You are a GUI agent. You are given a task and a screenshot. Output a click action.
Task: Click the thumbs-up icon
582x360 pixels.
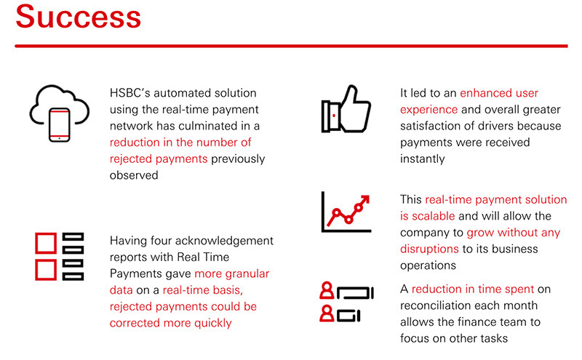[x=346, y=110]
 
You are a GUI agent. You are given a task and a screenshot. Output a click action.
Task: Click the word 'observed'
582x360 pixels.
[x=133, y=175]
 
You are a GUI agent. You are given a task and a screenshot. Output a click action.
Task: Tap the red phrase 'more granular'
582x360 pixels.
[x=232, y=273]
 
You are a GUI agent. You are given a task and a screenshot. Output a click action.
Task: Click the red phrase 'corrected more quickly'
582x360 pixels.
[x=170, y=321]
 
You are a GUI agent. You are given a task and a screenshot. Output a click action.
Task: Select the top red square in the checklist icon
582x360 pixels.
[x=46, y=241]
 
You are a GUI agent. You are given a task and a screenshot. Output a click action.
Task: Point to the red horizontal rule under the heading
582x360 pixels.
[x=291, y=46]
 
